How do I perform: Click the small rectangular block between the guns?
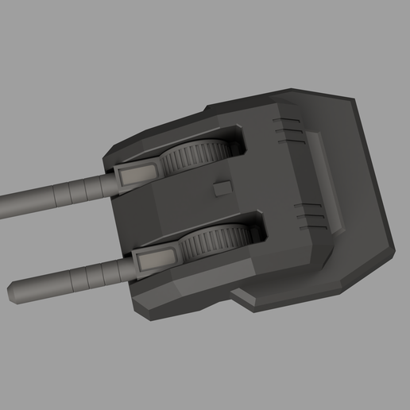point(222,188)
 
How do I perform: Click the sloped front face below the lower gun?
point(183,290)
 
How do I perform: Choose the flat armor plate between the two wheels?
point(191,203)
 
